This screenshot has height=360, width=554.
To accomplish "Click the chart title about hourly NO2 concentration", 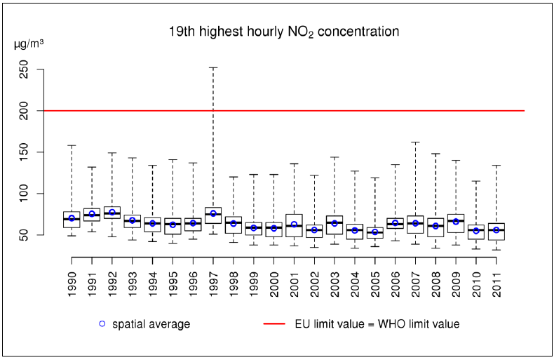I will click(x=284, y=32).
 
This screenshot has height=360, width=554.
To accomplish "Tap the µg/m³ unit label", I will click(x=29, y=44).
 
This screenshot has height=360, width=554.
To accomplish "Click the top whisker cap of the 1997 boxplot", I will click(x=213, y=67).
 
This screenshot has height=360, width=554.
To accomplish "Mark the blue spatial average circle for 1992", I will click(x=112, y=212).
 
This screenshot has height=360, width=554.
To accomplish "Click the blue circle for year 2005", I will click(x=375, y=232).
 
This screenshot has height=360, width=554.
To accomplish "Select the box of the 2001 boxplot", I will click(x=294, y=225).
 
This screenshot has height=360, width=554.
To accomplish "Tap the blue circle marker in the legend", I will click(x=102, y=324).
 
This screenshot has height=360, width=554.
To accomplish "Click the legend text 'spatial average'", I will click(x=151, y=324).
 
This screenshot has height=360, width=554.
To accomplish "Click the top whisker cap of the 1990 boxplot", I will click(x=72, y=145).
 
